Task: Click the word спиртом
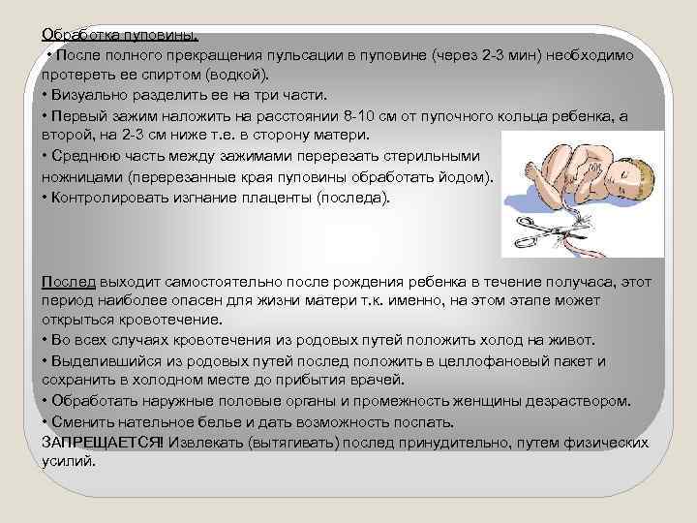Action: click(167, 74)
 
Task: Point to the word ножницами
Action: click(80, 177)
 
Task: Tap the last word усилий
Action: click(69, 461)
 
